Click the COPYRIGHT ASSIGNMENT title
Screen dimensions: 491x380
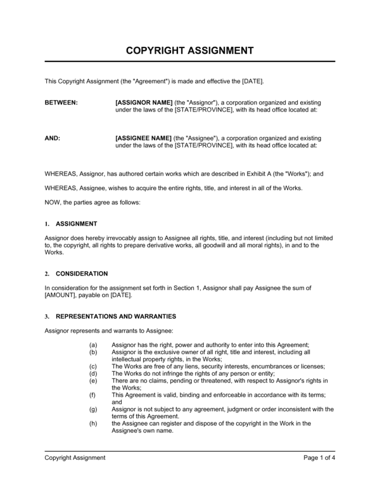point(190,50)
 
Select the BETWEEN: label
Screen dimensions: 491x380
point(61,102)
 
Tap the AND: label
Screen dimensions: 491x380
point(53,137)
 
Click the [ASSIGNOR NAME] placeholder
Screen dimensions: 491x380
point(144,102)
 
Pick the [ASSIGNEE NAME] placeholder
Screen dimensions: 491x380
point(144,137)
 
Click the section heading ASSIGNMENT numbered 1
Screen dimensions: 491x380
point(76,224)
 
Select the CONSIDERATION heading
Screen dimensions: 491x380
point(82,274)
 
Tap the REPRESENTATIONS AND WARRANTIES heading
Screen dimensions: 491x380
point(116,316)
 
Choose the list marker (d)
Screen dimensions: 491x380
point(94,373)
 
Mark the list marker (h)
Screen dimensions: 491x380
point(94,423)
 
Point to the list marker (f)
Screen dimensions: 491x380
point(94,394)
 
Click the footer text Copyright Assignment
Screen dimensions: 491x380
point(75,457)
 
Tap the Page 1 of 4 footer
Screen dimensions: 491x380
point(319,457)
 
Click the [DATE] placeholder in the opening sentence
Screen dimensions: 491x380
point(252,81)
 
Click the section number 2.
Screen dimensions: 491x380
point(47,274)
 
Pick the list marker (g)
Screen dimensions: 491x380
point(94,409)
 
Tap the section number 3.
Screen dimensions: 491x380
point(47,317)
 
